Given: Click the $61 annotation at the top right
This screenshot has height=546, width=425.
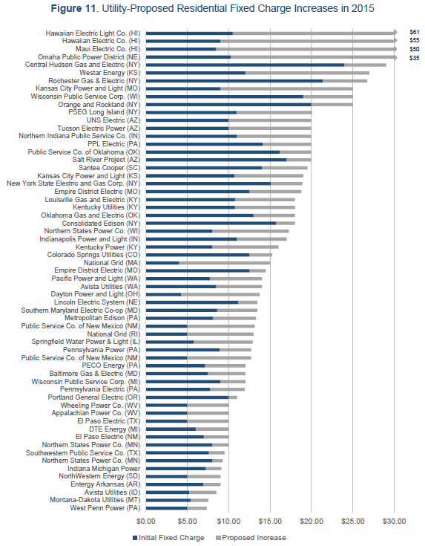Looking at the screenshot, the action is coord(414,32).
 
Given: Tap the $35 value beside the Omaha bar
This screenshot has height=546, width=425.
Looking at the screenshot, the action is coord(414,58).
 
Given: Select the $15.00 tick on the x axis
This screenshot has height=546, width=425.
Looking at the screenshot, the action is coord(270,521).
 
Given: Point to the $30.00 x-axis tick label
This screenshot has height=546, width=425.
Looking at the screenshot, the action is coord(394,521).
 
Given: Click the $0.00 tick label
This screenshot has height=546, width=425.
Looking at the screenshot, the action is coord(146,521).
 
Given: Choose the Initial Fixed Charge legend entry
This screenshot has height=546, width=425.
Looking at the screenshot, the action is coord(168,538).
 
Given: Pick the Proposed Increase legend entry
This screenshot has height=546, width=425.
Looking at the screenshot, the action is coord(251,538).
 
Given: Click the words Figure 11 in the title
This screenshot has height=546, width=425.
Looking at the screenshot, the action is coord(73,8).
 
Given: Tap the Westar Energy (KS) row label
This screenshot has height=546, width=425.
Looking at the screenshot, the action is coord(110,73).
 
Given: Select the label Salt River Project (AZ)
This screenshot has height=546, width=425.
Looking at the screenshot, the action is coord(106,160).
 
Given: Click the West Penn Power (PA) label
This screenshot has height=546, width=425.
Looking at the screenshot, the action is coord(105,508).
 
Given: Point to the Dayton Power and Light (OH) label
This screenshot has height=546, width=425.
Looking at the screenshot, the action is coord(96,294).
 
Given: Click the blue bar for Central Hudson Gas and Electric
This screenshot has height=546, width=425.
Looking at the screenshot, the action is coord(246,65).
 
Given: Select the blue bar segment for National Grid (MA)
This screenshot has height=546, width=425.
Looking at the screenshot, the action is coord(162,263).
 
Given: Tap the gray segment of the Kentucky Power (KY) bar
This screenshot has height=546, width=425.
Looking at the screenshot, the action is coord(246,247).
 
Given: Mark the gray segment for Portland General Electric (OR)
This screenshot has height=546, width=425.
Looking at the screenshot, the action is coord(233,397).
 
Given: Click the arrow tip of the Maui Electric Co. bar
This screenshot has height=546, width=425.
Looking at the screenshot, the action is coord(397,49).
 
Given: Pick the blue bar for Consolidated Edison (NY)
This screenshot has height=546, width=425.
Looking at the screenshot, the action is coord(211,223).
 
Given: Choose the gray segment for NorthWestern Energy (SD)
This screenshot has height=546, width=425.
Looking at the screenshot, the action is coord(204,476).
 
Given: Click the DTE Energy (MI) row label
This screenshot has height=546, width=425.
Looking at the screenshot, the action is coord(115,429).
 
